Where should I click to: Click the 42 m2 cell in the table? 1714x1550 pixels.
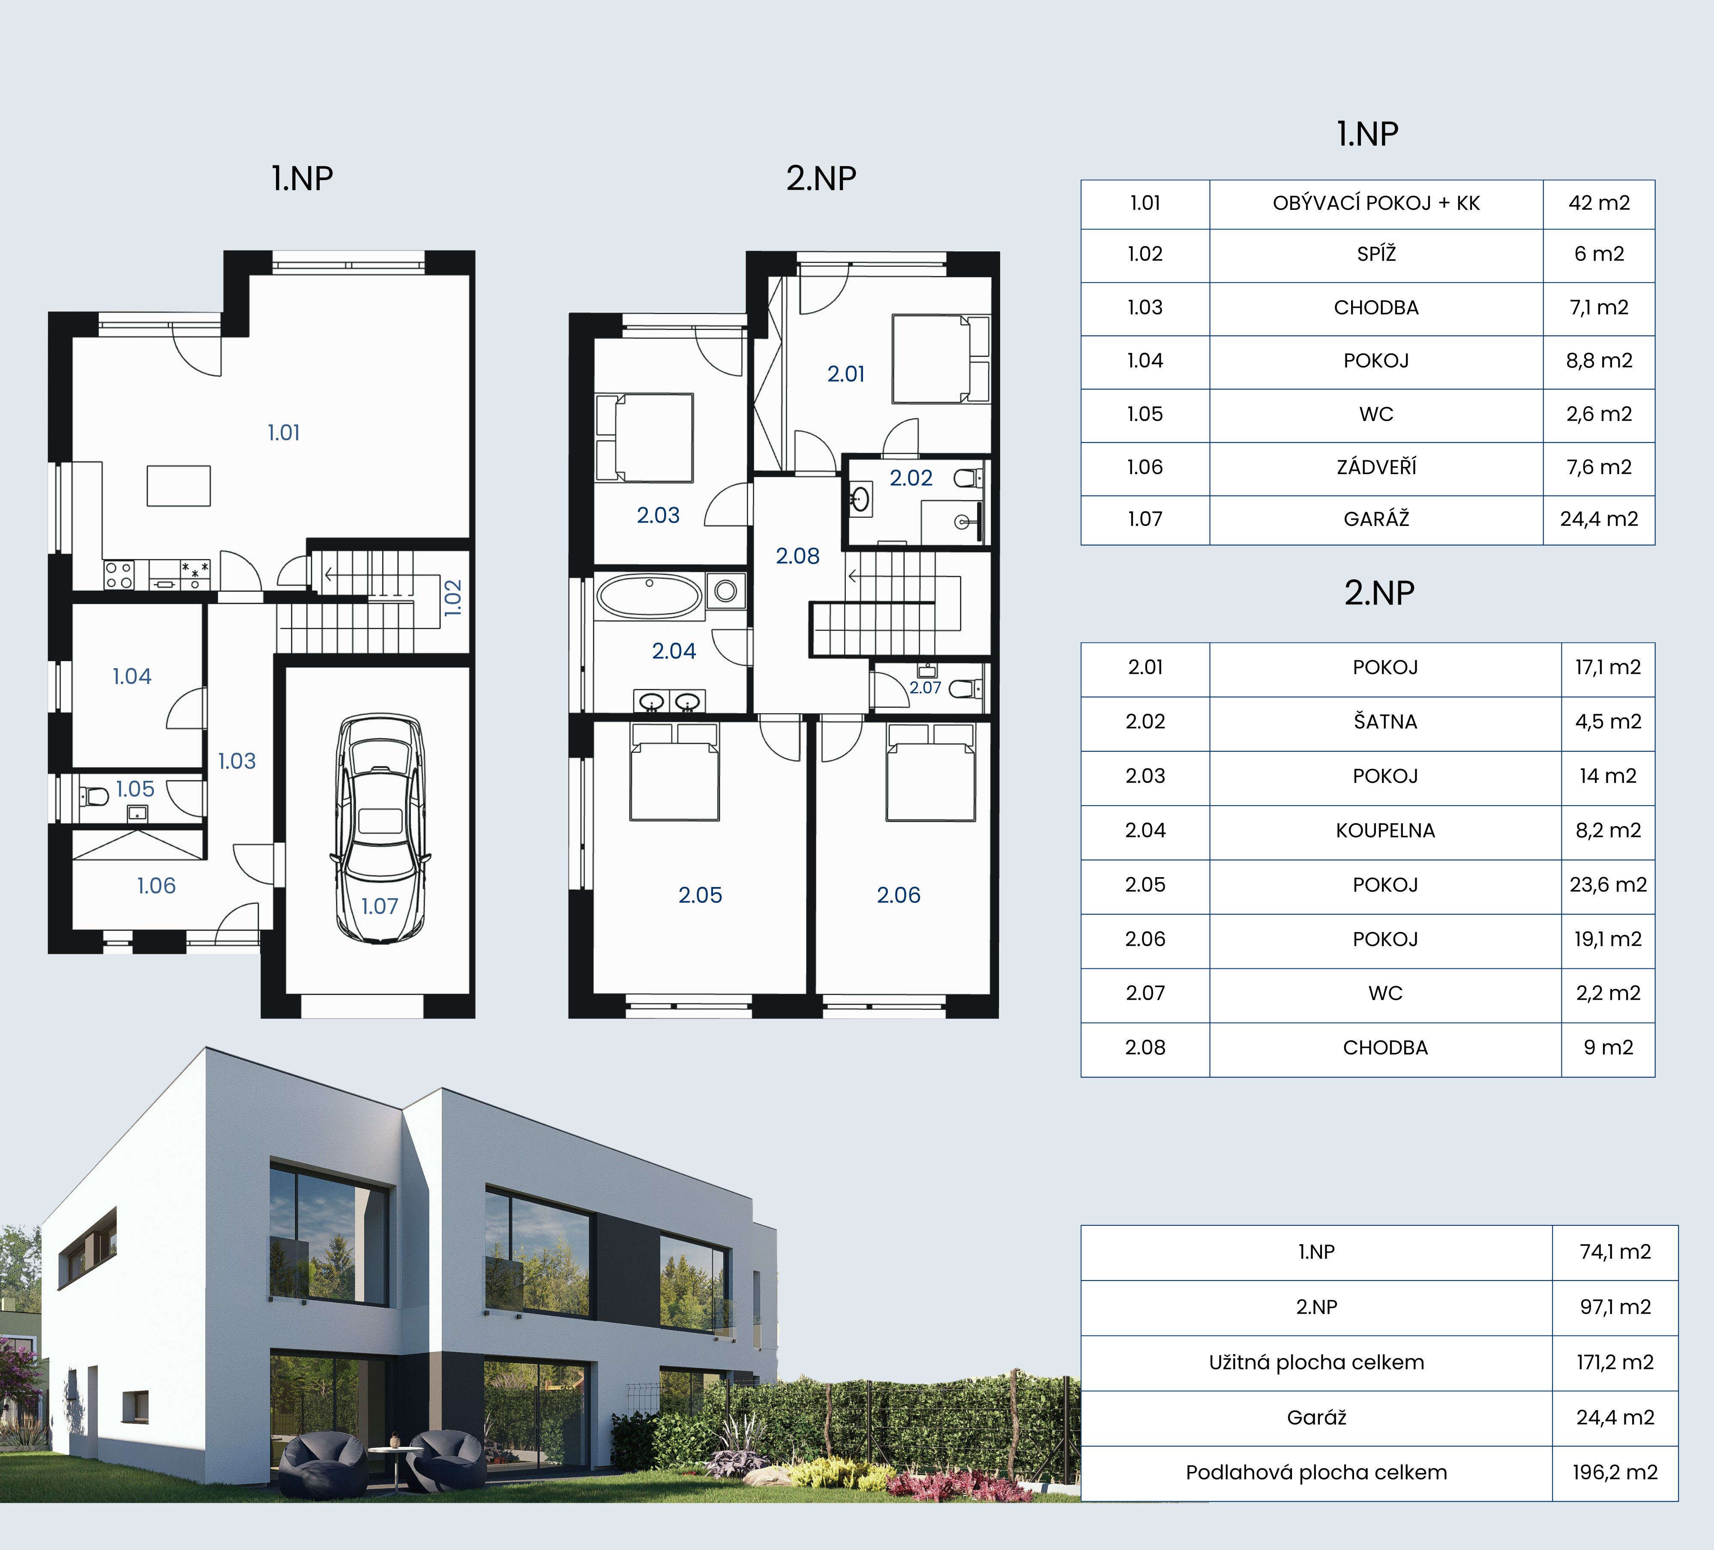1599,203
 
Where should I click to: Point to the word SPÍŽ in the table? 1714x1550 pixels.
1376,254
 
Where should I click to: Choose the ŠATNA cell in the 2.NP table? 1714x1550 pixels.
1386,722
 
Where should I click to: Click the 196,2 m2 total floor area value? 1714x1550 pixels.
1615,1472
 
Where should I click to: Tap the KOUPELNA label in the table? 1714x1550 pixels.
1386,830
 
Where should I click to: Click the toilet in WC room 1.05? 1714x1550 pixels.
94,796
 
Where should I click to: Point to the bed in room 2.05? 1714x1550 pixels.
674,772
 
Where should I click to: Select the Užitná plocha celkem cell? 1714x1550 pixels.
1316,1362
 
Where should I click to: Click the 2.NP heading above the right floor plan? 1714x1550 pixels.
821,179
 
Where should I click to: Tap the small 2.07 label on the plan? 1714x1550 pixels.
925,687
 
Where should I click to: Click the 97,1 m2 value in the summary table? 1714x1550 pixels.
1615,1307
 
